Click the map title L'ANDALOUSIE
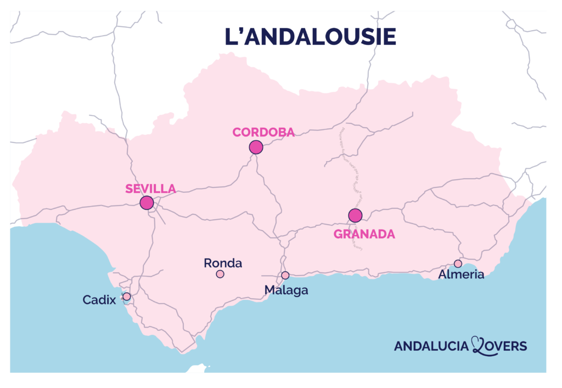pyautogui.click(x=310, y=37)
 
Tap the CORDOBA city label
pyautogui.click(x=264, y=132)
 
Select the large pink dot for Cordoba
pyautogui.click(x=256, y=147)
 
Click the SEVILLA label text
pyautogui.click(x=150, y=189)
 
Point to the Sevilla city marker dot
pyautogui.click(x=147, y=203)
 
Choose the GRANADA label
pyautogui.click(x=364, y=234)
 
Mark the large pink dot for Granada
pyautogui.click(x=355, y=215)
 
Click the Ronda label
pyautogui.click(x=223, y=263)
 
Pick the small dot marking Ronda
pyautogui.click(x=220, y=274)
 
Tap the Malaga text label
pyautogui.click(x=286, y=290)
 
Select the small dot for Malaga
pyautogui.click(x=285, y=275)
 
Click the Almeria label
pyautogui.click(x=461, y=275)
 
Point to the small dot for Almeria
pyautogui.click(x=458, y=264)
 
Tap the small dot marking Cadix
pyautogui.click(x=127, y=296)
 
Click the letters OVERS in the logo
pyautogui.click(x=508, y=346)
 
